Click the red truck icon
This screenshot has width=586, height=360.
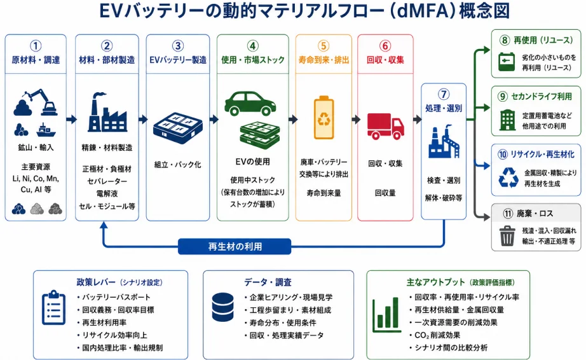tap(385, 127)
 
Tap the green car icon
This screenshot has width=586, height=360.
tap(250, 103)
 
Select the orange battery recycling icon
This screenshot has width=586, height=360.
tap(324, 118)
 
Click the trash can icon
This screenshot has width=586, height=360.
tap(507, 235)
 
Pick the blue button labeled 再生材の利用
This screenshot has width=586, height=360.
tap(235, 247)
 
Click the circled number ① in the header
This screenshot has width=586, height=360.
tap(36, 46)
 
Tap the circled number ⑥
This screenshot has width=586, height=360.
tap(385, 46)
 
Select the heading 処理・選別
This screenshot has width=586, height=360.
tap(444, 108)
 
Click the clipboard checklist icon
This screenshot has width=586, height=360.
tap(54, 307)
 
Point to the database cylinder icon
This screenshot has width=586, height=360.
tap(222, 307)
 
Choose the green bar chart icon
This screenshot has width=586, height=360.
tap(386, 315)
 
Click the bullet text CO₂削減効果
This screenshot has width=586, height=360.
tap(437, 335)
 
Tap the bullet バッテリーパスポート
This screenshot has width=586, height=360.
tap(116, 297)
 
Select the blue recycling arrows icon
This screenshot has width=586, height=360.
tap(508, 177)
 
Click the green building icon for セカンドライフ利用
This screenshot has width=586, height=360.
tap(507, 120)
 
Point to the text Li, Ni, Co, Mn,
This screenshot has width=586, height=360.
tap(36, 178)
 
